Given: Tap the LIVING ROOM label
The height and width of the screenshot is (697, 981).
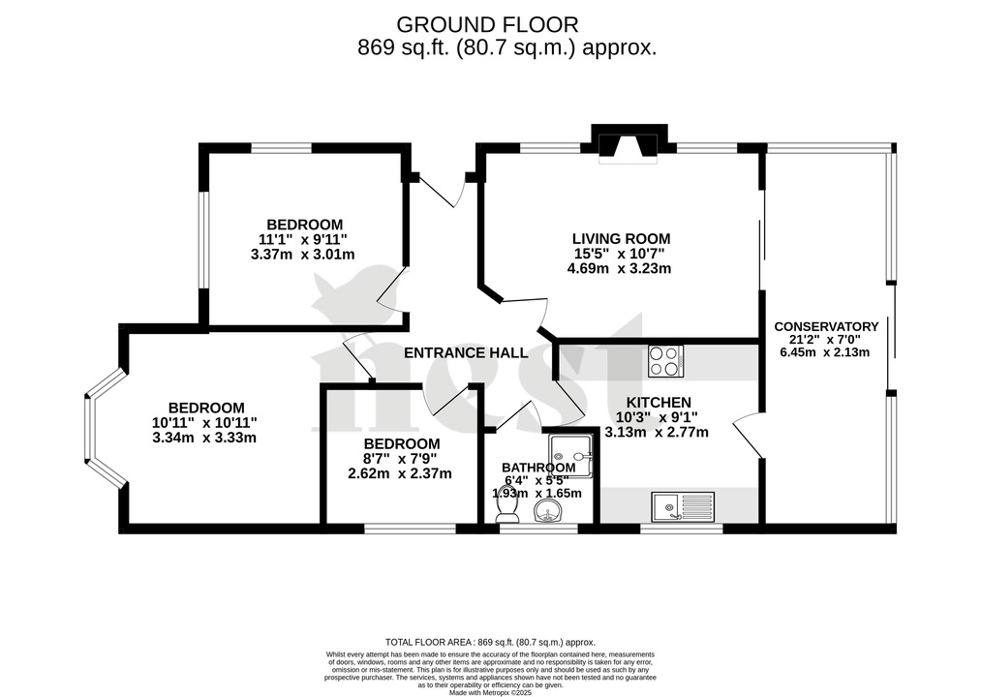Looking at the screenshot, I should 620,238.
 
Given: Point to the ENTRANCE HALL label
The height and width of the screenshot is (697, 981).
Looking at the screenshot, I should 466,352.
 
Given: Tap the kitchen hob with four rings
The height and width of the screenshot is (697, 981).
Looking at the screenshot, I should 665,361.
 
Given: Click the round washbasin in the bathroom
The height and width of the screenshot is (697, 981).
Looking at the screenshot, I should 547,509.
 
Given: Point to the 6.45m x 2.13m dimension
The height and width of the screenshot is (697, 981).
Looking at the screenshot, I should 824,351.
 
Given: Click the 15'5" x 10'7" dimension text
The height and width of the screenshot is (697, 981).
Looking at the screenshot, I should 620,254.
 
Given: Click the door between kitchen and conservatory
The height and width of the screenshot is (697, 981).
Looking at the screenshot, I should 748,434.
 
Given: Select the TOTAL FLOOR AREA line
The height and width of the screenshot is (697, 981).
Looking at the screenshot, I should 490,642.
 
